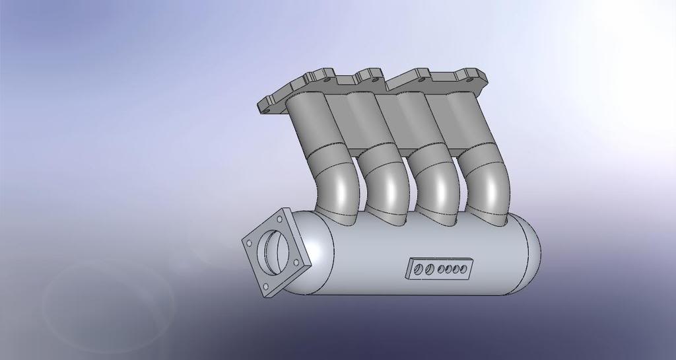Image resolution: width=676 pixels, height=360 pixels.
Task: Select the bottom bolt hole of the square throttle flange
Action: point(265,287)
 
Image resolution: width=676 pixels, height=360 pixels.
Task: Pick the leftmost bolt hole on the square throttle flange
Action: point(249,243)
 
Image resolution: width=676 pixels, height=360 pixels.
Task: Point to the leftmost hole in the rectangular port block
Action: point(419,269)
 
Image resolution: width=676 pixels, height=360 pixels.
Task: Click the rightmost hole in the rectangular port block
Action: point(464,269)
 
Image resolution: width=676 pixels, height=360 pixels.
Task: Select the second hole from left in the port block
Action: point(430,269)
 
